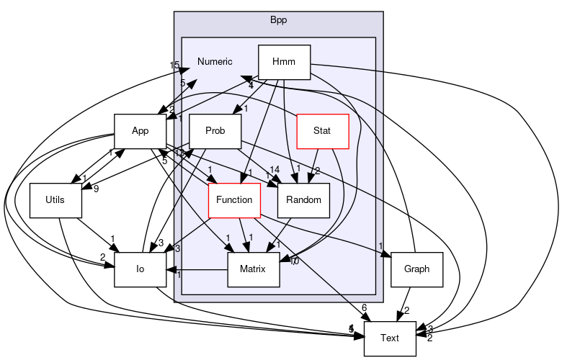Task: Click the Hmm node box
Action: point(284,63)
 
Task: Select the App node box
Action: point(140,130)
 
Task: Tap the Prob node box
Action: point(215,130)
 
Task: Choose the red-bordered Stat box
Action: point(323,130)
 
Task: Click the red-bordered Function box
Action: point(233,199)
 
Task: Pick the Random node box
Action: point(303,199)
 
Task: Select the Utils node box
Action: point(55,199)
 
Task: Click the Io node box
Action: point(140,269)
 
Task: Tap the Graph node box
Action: point(416,269)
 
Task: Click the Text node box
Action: point(390,338)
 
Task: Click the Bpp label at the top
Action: point(278,19)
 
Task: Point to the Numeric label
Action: point(215,61)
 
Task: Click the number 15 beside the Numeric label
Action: point(174,66)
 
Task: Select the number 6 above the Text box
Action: point(364,307)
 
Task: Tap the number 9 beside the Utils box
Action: point(96,190)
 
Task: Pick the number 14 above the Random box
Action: point(275,170)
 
